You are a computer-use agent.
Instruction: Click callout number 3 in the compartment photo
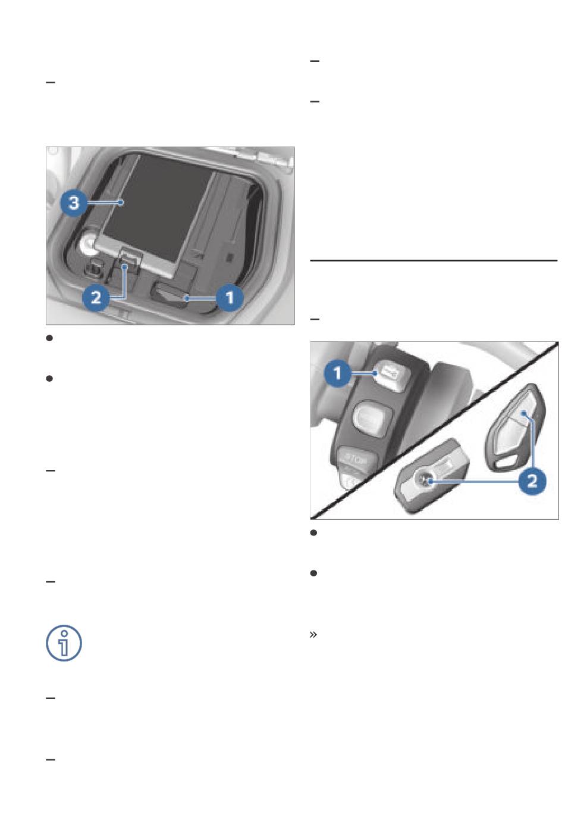[x=74, y=203]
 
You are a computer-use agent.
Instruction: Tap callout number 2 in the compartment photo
[x=96, y=297]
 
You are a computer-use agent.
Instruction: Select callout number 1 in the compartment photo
[x=230, y=297]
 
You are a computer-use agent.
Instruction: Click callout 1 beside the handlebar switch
[x=338, y=373]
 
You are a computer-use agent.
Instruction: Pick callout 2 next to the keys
[x=532, y=481]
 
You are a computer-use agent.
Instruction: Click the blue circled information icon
[x=64, y=643]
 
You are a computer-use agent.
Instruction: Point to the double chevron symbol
[x=313, y=634]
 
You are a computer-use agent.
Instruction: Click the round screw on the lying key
[x=426, y=480]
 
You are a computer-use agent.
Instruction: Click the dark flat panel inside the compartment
[x=158, y=206]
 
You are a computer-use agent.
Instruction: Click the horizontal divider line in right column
[x=434, y=260]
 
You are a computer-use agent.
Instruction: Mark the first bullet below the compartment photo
[x=49, y=338]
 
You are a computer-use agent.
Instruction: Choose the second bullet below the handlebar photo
[x=313, y=573]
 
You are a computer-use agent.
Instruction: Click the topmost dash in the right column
[x=315, y=61]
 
